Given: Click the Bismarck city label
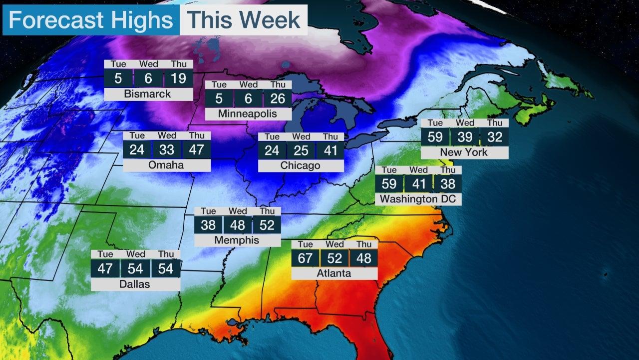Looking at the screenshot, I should pos(148,94).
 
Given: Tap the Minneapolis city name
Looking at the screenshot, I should pos(248,114).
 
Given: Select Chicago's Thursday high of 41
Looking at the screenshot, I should pos(330,150).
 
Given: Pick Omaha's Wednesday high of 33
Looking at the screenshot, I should pos(167,150).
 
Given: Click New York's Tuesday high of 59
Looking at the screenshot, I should pos(435,137).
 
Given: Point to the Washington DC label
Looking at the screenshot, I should pos(418,199).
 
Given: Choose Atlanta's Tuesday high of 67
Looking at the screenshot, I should pos(306,258).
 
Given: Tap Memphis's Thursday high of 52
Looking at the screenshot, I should pos(267,225).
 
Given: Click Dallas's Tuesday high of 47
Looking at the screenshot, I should pos(105,268).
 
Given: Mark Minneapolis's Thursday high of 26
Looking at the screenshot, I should pos(278,98).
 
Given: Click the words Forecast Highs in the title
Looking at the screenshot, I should pos(91,20).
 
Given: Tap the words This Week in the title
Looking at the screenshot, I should pos(244,20).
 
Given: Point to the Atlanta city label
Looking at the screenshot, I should pos(334,273).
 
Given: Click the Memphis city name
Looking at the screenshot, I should pos(237,240).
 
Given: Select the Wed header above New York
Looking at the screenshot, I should pos(465,123).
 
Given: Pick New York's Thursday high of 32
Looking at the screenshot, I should pos(494,137).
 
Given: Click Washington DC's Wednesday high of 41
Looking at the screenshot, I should pos(418,183).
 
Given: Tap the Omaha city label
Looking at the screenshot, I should pos(166,165).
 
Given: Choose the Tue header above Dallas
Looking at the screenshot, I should pos(105,254).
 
